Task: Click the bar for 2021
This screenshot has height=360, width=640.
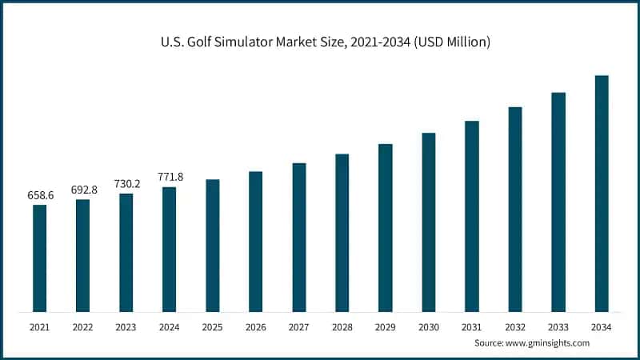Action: (x=39, y=258)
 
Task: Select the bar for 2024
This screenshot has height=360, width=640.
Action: (x=169, y=250)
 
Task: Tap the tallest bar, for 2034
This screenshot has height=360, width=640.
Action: (x=602, y=194)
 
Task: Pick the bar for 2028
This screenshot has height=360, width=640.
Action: (x=342, y=233)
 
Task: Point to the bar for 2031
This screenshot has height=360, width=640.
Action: (x=472, y=216)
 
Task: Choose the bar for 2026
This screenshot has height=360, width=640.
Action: (x=255, y=242)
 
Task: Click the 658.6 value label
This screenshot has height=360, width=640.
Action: (x=39, y=195)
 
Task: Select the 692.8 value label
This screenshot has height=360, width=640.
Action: (x=83, y=190)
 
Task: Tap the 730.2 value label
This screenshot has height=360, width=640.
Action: (x=126, y=183)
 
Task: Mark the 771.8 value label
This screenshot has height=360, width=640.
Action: (x=169, y=177)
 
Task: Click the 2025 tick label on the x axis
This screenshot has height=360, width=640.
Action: (x=212, y=326)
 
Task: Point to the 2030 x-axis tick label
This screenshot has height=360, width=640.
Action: (x=429, y=326)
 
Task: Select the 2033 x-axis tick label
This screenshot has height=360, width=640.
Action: (x=558, y=326)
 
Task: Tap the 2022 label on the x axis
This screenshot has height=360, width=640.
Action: (x=82, y=326)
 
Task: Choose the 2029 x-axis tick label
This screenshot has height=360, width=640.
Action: (x=386, y=326)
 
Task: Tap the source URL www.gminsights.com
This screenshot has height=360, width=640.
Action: (x=549, y=342)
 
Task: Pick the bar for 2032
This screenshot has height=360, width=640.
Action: (x=515, y=209)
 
